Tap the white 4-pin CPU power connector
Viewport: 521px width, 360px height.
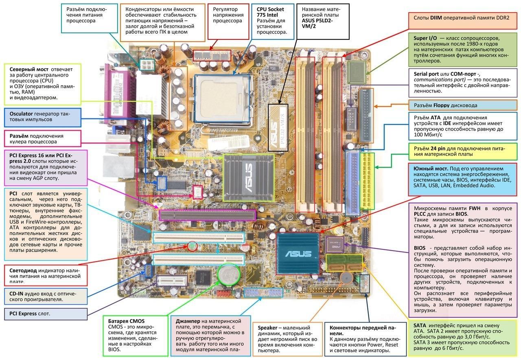click(146, 64)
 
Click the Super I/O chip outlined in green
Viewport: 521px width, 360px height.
click(357, 72)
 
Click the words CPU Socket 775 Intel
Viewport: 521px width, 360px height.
click(270, 12)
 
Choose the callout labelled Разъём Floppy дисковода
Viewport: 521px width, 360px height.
click(445, 105)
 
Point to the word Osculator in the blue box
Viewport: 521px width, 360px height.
click(21, 113)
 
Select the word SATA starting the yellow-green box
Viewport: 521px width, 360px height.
click(420, 325)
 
